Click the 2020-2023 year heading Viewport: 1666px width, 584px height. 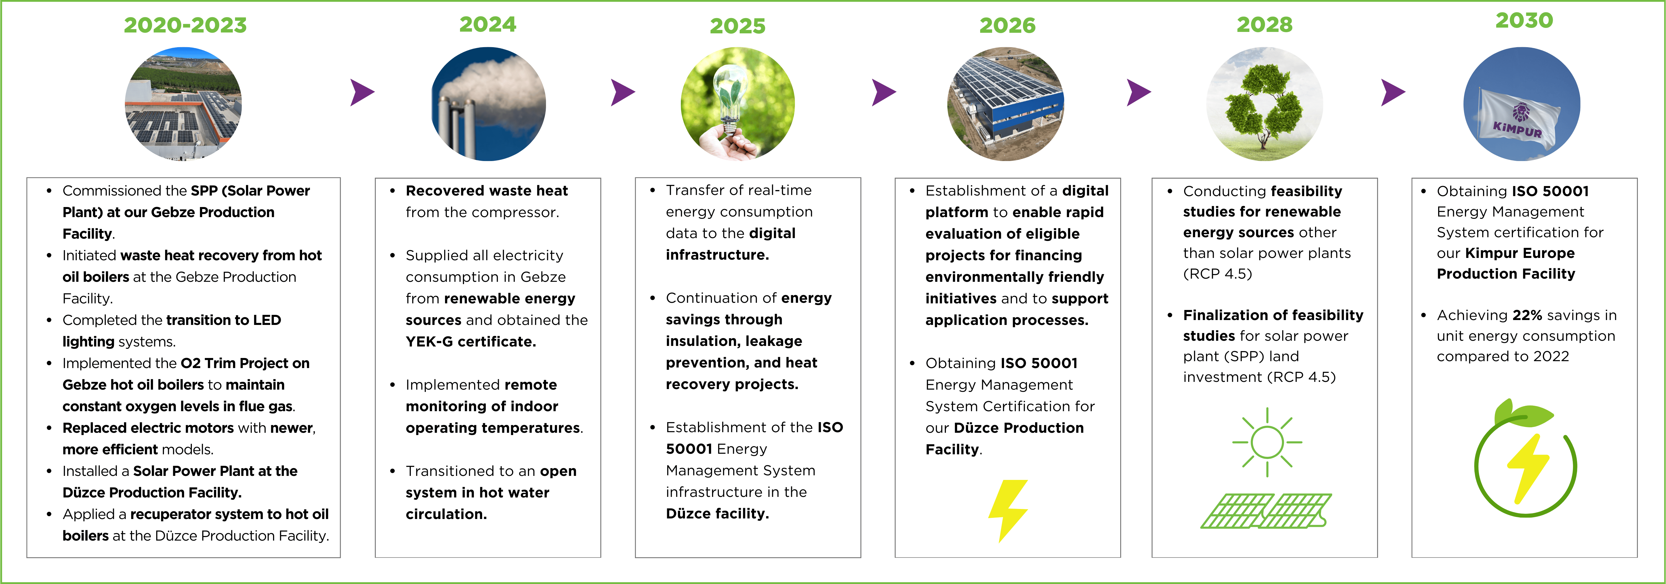pos(186,25)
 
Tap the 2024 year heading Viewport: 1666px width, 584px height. pos(488,24)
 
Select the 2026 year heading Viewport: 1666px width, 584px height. pos(1007,25)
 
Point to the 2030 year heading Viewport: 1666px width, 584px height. pos(1524,20)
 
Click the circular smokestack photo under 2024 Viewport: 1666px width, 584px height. pos(488,104)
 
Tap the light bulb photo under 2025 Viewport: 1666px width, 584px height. pos(738,104)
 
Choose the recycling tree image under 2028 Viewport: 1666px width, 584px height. pos(1264,104)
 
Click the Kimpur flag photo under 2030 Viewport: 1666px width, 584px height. pos(1522,104)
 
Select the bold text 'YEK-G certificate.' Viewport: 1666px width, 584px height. pos(471,342)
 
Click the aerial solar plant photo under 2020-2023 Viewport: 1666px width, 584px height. pos(183,104)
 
